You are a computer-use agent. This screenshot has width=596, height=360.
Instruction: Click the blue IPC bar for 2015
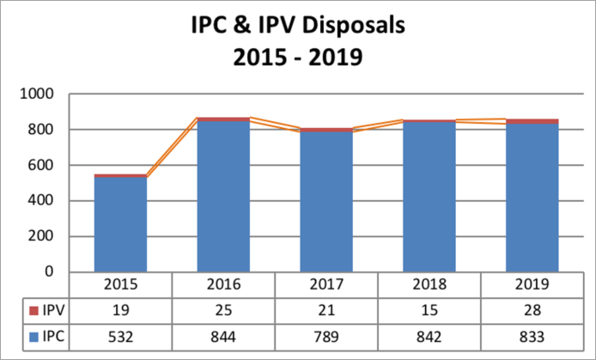[x=120, y=224]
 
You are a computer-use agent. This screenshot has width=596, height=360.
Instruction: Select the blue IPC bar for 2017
[x=326, y=202]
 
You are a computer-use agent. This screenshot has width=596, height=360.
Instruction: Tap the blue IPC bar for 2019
[x=532, y=198]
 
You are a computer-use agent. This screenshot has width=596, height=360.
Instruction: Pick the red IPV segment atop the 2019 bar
[x=532, y=121]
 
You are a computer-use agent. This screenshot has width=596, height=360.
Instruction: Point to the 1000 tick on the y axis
[x=37, y=94]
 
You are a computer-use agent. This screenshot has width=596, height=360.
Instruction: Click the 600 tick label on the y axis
[x=40, y=165]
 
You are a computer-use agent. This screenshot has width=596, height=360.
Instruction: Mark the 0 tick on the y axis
[x=50, y=272]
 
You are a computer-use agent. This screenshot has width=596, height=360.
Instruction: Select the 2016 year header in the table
[x=223, y=284]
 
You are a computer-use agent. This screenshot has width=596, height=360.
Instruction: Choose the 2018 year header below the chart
[x=429, y=284]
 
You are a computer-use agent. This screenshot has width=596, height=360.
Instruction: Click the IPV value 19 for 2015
[x=120, y=310]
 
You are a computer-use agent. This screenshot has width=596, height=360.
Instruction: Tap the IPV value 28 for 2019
[x=532, y=310]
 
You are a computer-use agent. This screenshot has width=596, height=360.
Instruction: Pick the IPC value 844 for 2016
[x=223, y=337]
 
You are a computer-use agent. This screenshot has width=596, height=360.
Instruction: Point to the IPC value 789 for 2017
[x=326, y=337]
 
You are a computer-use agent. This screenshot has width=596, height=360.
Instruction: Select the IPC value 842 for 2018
[x=429, y=337]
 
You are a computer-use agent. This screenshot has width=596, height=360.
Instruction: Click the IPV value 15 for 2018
[x=429, y=310]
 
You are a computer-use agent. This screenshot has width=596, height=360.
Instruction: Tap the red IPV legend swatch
[x=34, y=311]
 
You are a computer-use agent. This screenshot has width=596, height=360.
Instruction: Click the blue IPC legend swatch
[x=34, y=337]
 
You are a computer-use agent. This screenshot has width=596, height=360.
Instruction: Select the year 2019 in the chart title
[x=336, y=58]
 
